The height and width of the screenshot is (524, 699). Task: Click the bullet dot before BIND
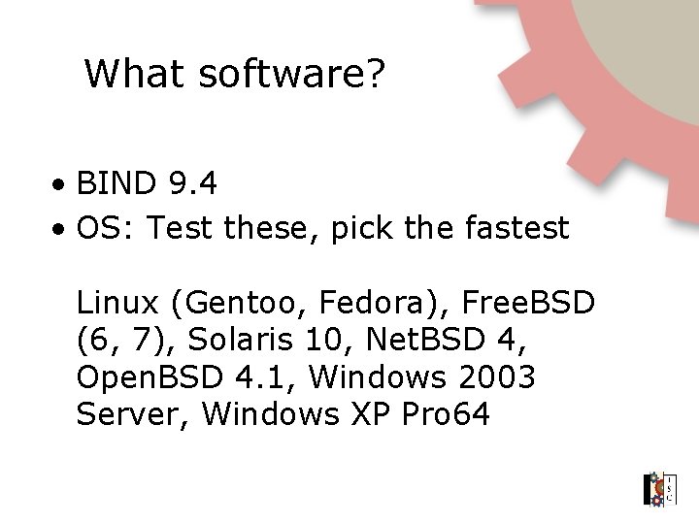pyautogui.click(x=60, y=183)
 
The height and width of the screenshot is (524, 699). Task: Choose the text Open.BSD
pyautogui.click(x=146, y=377)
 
